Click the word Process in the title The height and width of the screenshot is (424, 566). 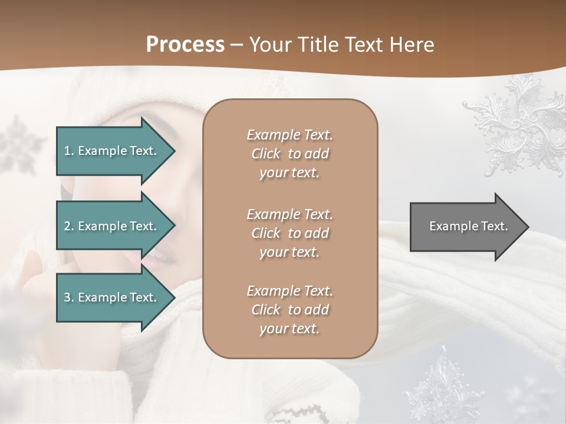pyautogui.click(x=185, y=44)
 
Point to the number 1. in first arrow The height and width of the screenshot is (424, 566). pyautogui.click(x=69, y=151)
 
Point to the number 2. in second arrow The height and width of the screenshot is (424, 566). pyautogui.click(x=69, y=226)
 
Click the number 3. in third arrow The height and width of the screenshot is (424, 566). pyautogui.click(x=69, y=297)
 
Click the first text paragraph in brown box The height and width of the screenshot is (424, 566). pyautogui.click(x=289, y=154)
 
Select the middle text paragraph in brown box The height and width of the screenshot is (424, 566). pyautogui.click(x=289, y=233)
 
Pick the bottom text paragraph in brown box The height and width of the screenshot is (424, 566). pyautogui.click(x=289, y=310)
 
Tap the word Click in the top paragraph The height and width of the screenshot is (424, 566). pyautogui.click(x=266, y=154)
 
